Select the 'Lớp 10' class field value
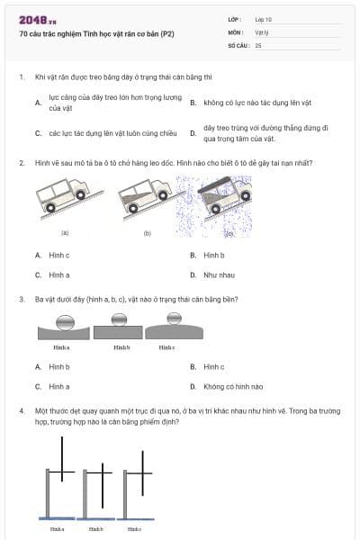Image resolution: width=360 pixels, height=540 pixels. coord(265,19)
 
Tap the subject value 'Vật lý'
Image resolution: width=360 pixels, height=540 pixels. coord(263,31)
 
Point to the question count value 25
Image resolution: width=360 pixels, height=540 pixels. coord(259,44)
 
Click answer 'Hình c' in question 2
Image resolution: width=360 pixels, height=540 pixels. coord(59,255)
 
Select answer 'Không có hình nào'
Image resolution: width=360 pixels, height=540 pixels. coord(233,386)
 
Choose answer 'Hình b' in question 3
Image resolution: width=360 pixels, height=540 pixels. coord(59,366)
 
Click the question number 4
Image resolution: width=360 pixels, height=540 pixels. coord(21,409)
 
